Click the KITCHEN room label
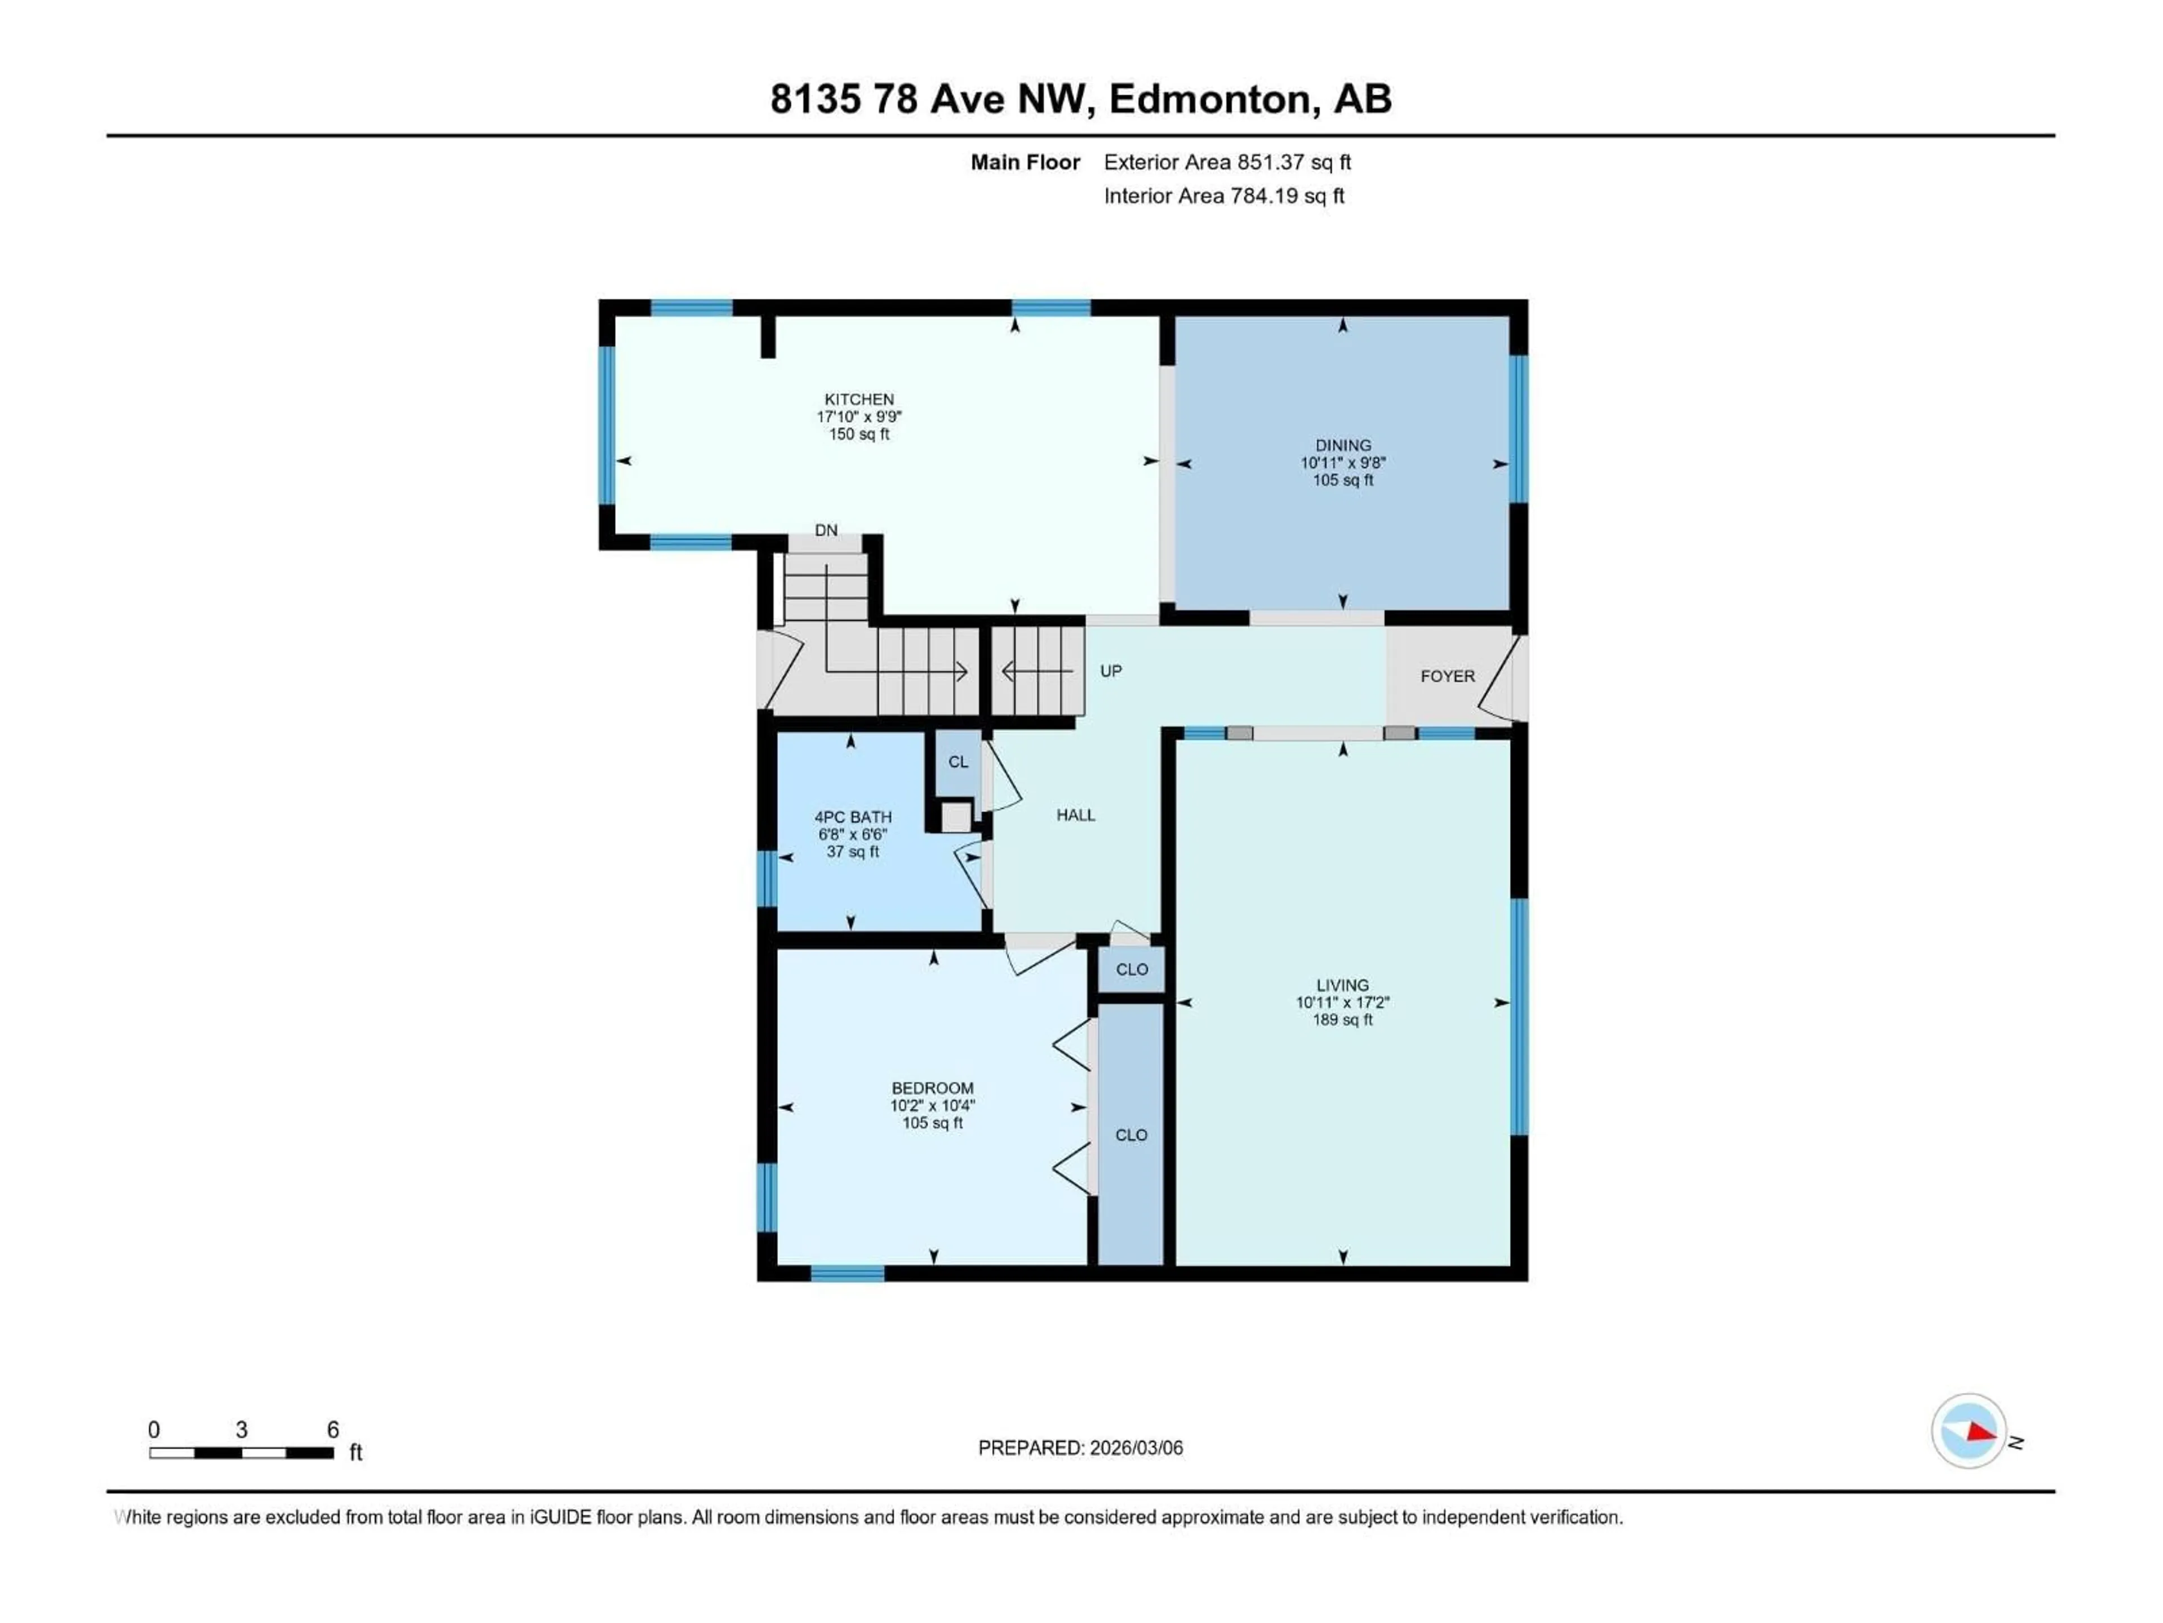[x=858, y=399]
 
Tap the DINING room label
[x=1343, y=445]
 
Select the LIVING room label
[x=1342, y=985]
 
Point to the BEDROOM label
[x=932, y=1088]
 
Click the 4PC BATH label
[x=853, y=817]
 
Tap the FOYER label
[x=1447, y=676]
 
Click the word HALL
[x=1076, y=815]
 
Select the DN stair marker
[x=826, y=530]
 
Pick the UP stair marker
[x=1111, y=671]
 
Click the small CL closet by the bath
[x=958, y=762]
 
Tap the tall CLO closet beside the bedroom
[x=1132, y=1135]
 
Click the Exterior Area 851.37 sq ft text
[x=1227, y=162]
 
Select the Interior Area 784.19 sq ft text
[x=1223, y=196]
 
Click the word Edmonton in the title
[x=1209, y=99]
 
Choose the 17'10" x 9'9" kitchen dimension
[x=858, y=417]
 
